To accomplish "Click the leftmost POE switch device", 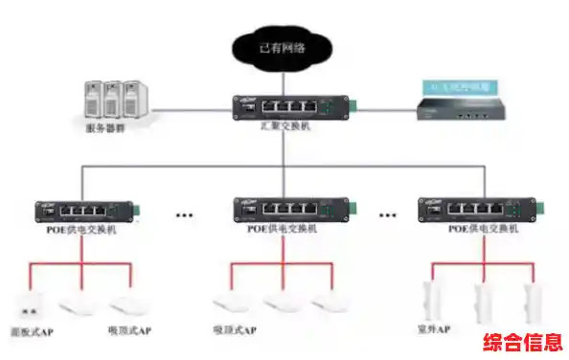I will click(81, 210).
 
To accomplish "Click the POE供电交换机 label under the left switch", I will click(81, 230).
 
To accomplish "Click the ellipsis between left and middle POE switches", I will click(184, 215).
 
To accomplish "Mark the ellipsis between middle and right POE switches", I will click(388, 215).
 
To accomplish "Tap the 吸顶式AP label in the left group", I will click(129, 331).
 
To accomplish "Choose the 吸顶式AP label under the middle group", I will click(235, 331).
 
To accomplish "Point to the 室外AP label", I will click(438, 330).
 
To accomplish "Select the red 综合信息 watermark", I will click(522, 342).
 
